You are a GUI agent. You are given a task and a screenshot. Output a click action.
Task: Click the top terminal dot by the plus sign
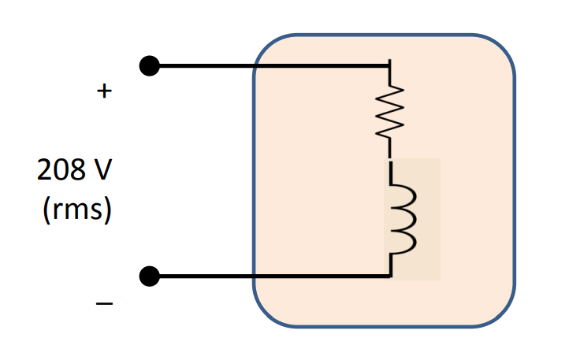[x=149, y=66]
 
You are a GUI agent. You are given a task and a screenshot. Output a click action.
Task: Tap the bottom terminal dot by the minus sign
[x=149, y=276]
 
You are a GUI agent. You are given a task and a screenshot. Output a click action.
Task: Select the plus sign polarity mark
[x=103, y=92]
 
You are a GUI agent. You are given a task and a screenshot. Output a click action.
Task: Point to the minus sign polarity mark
[x=103, y=303]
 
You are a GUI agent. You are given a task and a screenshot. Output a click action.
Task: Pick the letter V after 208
[x=102, y=169]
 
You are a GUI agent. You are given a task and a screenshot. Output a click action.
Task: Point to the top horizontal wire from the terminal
[x=205, y=66]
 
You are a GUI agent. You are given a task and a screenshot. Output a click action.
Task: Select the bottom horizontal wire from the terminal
[x=205, y=276]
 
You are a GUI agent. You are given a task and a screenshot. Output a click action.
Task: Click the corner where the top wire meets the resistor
[x=389, y=66]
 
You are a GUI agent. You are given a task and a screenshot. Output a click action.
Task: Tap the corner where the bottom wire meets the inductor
[x=389, y=276]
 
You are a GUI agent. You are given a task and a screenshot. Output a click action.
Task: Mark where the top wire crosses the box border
[x=254, y=66]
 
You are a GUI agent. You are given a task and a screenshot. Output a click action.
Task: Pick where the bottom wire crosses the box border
[x=254, y=276]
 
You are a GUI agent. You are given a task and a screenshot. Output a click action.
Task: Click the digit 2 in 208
[x=44, y=169]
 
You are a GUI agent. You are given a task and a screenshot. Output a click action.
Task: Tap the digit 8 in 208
[x=76, y=169]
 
